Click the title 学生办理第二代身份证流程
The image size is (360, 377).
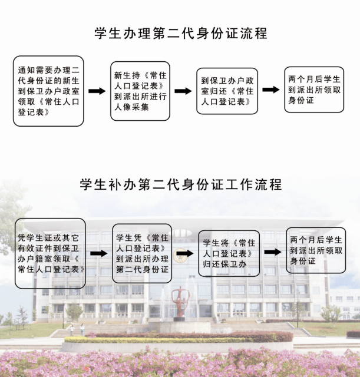pos(180,33)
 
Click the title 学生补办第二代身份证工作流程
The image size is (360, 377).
pos(180,184)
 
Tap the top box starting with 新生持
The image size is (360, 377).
pos(140,91)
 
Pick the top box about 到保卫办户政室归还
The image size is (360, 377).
pos(227,91)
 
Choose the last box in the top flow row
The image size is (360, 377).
pos(314,90)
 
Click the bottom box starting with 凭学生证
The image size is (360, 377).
pos(50,253)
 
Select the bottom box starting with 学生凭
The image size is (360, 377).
pos(142,253)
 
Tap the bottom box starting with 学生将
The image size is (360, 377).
pos(229,253)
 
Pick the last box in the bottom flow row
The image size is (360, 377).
pos(316,250)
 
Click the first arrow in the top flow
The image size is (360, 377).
pos(97,91)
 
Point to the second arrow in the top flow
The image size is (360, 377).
pos(183,91)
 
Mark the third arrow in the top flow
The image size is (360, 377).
pos(270,90)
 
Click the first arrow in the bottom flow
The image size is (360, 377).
pos(98,253)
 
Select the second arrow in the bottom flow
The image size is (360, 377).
pos(185,253)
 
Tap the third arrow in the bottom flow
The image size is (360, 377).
pos(272,252)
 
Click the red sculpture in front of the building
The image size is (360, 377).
pos(179,302)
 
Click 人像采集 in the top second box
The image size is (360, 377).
pos(133,107)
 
